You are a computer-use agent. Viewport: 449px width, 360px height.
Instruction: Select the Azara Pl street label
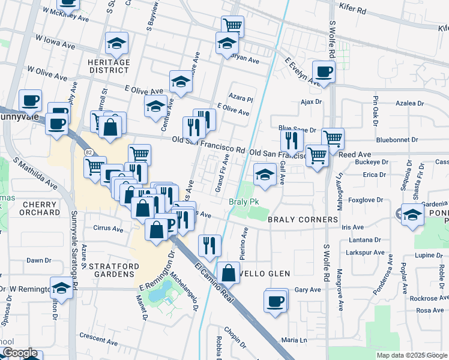pos(242,98)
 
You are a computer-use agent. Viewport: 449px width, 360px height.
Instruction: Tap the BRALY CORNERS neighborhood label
pos(303,220)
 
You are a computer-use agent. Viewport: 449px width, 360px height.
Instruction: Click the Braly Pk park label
pos(243,202)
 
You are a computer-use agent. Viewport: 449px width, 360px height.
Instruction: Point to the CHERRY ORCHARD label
pos(41,208)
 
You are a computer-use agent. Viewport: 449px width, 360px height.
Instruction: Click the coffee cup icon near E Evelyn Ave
pos(324,72)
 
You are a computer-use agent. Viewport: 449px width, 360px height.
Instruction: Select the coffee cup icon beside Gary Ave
pos(276,300)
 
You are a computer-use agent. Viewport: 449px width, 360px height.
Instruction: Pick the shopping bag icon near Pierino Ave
pos(229,273)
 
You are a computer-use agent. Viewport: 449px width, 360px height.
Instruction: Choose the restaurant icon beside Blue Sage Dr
pos(291,140)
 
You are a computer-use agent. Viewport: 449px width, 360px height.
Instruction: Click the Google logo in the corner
pos(20,353)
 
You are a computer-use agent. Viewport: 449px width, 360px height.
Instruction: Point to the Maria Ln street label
pos(294,340)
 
